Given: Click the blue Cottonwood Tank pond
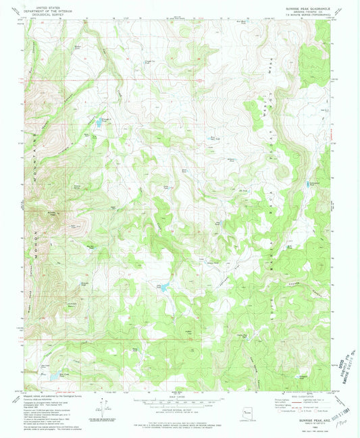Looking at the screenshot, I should [313, 184].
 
